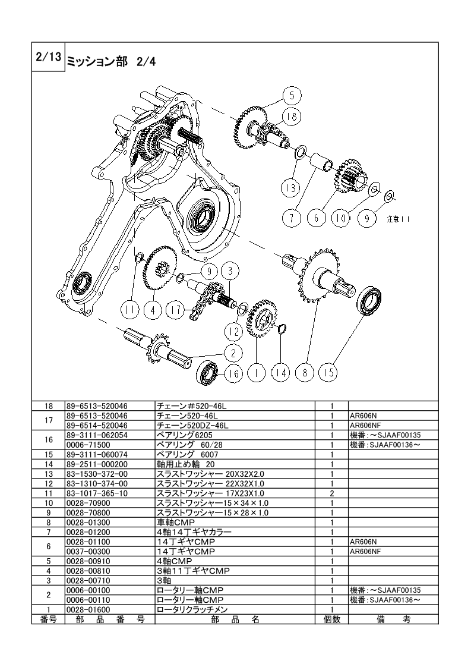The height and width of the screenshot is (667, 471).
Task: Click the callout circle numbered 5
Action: point(292,95)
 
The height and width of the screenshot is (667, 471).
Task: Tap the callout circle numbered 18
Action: point(292,117)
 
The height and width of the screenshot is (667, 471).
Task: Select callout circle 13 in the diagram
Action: point(291,188)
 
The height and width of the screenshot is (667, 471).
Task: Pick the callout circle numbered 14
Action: point(280,373)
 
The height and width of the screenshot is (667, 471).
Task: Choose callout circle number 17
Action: point(176,310)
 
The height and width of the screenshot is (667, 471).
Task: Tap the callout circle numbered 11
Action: point(130,310)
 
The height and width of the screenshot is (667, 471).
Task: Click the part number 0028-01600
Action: point(88,609)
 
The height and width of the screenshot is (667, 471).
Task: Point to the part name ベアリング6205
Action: point(185,435)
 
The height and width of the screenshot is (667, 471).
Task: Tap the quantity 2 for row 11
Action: point(332,493)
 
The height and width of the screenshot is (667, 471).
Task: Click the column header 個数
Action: point(332,619)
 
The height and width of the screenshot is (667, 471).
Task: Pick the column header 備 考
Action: point(394,619)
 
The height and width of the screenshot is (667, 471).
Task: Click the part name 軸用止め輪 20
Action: point(186,464)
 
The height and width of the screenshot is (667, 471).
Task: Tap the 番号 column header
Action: point(49,619)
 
